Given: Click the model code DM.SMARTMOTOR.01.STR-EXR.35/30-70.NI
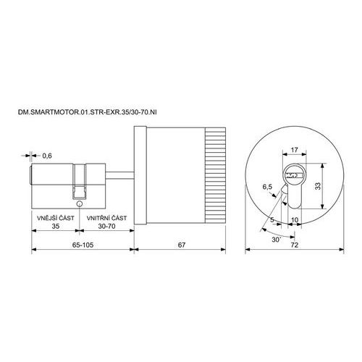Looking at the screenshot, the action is (x=88, y=112).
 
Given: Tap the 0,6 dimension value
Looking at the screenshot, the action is (x=47, y=156).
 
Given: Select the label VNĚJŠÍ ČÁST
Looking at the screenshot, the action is (x=56, y=218).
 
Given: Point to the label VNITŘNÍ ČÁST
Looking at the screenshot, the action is (x=106, y=218).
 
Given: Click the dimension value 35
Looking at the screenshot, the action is (x=56, y=227).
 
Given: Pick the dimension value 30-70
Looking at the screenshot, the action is (x=106, y=227).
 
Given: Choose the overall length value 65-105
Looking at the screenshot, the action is (x=83, y=245).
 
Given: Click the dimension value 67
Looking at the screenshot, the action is (x=182, y=245).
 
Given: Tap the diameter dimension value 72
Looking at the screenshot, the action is (x=295, y=245).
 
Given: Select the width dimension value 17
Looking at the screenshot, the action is (x=294, y=150).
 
